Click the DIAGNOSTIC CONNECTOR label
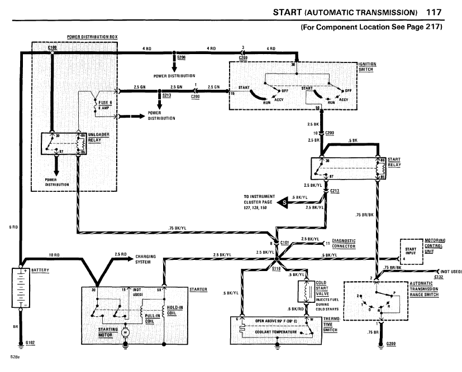pyautogui.click(x=344, y=243)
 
